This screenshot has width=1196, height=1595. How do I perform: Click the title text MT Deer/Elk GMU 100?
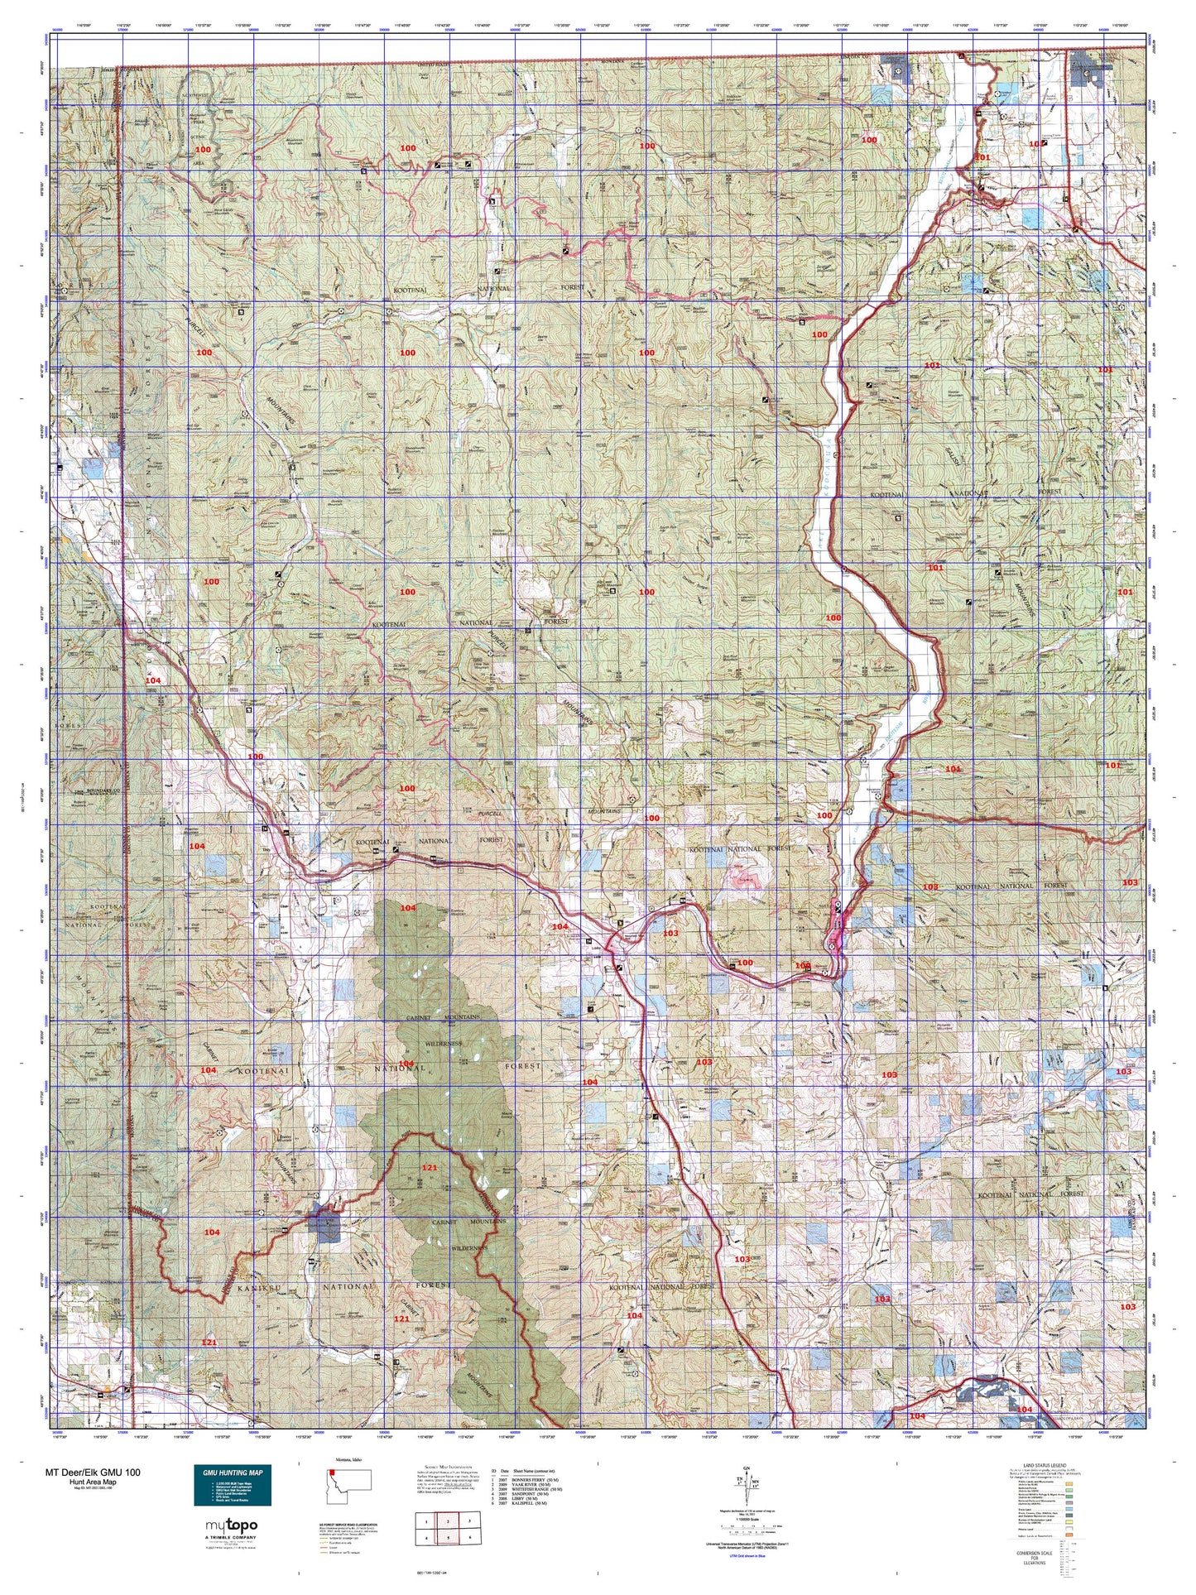tap(93, 1472)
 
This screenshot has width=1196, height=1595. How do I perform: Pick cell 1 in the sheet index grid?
tap(425, 1520)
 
